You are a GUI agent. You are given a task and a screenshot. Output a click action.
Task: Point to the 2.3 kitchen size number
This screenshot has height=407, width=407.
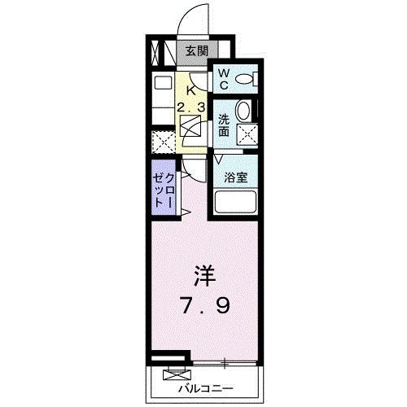(x=192, y=106)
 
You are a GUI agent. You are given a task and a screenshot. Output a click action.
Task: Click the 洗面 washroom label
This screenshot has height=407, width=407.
(x=224, y=125)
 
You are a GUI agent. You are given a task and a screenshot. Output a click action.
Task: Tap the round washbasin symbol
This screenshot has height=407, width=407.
(x=243, y=112)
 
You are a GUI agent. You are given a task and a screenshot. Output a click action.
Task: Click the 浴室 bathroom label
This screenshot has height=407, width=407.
(x=236, y=174)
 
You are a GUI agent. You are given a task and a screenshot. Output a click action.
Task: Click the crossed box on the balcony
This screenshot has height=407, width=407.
(x=174, y=374)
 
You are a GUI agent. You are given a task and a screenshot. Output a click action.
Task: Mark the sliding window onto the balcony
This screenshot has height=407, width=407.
(x=224, y=359)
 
